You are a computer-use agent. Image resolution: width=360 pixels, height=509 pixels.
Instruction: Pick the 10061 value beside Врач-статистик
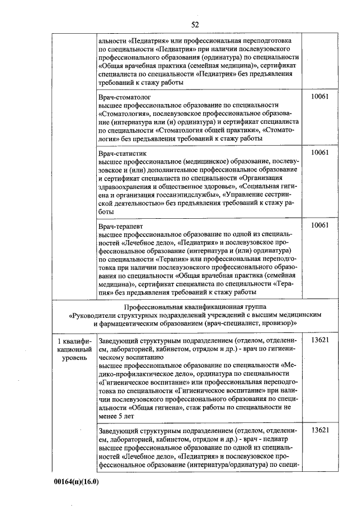point(319,152)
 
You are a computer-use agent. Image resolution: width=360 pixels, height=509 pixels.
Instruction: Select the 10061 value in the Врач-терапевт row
point(319,225)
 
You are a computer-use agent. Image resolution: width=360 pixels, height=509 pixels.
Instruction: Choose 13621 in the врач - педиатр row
point(319,430)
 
